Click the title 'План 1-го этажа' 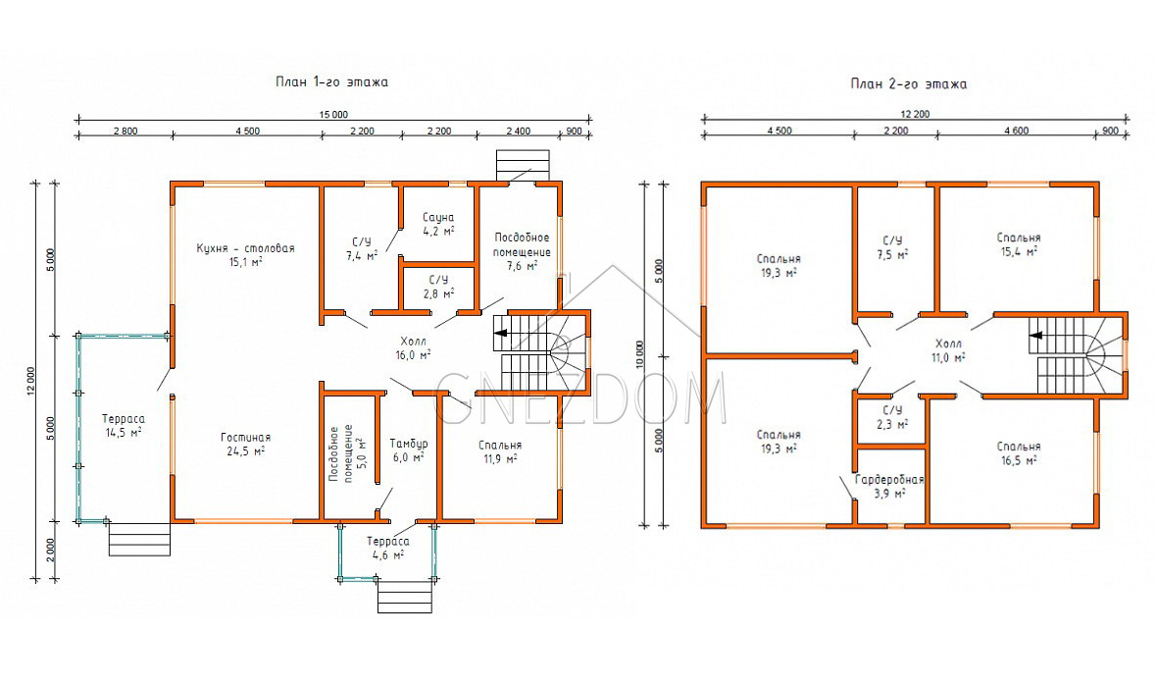point(331,81)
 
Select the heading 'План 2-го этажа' point(908,84)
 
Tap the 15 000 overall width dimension point(333,115)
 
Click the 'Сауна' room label point(438,218)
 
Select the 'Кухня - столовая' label point(245,248)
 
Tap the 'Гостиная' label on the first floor point(245,438)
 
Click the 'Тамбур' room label point(409,445)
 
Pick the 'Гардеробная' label point(889,480)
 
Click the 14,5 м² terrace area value point(124,433)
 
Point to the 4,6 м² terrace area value point(388,555)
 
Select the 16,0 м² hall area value point(413,355)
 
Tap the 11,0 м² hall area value point(948,358)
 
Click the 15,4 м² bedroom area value point(1019,251)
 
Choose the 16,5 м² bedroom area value point(1019,459)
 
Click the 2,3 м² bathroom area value point(892,424)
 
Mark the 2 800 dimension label point(126,132)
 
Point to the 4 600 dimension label point(1017,131)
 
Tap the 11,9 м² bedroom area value point(500,459)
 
